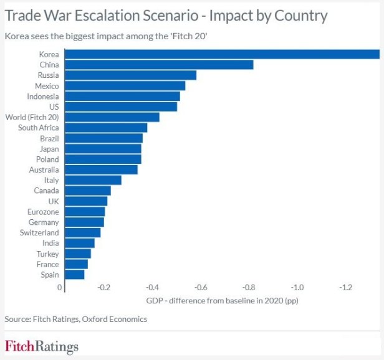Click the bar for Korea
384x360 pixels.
pos(221,54)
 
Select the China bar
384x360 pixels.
pos(158,65)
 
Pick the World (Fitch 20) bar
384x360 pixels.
pos(112,117)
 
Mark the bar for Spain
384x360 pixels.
pos(74,275)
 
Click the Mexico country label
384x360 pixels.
pos(47,86)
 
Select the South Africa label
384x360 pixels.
pos(39,128)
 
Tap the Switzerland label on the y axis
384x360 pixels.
pos(39,232)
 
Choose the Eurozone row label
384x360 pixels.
pos(44,212)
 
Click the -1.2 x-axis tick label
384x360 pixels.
pos(346,287)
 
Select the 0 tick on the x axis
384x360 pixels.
pos(60,287)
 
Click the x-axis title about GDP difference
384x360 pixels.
pos(222,300)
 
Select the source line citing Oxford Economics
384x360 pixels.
pos(76,319)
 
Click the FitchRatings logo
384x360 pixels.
pos(42,346)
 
